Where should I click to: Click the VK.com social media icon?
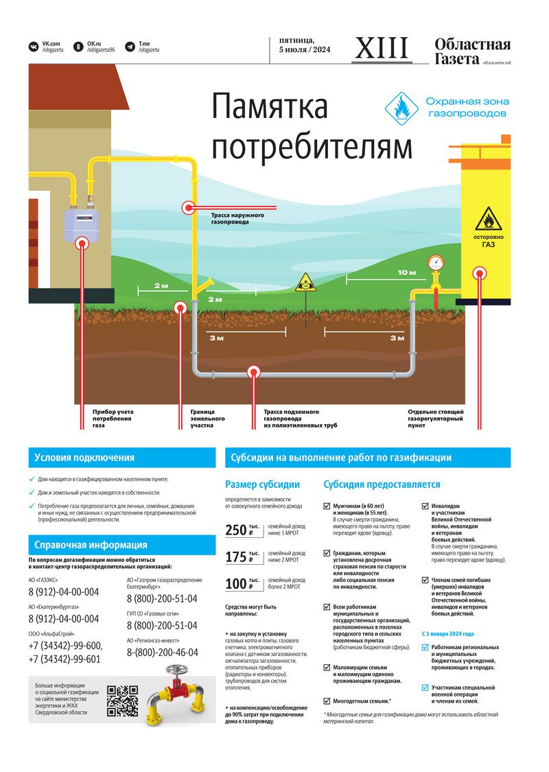[x=33, y=47]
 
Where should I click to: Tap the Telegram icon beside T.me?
[x=130, y=47]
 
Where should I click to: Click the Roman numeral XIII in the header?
[x=382, y=48]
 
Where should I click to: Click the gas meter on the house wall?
[x=82, y=223]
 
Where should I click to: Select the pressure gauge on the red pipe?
[x=435, y=263]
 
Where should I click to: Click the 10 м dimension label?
[x=406, y=272]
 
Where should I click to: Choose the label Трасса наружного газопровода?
[x=238, y=219]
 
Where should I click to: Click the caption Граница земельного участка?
[x=207, y=419]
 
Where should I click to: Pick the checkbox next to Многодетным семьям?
[x=327, y=701]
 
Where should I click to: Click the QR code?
[x=124, y=701]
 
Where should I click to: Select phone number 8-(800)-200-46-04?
[x=162, y=653]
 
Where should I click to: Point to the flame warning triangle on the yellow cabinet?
[x=489, y=220]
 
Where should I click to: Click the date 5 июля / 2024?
[x=305, y=50]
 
